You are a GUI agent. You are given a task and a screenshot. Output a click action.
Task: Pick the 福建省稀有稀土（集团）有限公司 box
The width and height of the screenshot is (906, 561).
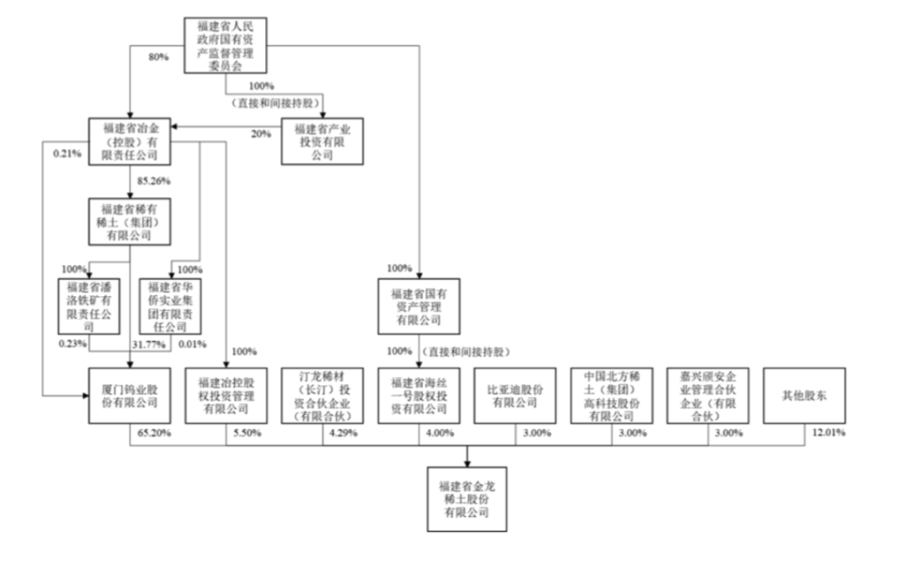tap(129, 222)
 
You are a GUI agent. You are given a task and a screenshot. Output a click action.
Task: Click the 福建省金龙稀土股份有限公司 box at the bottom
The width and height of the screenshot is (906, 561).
tap(467, 498)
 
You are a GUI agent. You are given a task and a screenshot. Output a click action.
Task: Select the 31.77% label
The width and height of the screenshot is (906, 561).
tap(145, 343)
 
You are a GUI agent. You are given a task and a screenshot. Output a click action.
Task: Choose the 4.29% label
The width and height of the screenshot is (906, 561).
tap(343, 433)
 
